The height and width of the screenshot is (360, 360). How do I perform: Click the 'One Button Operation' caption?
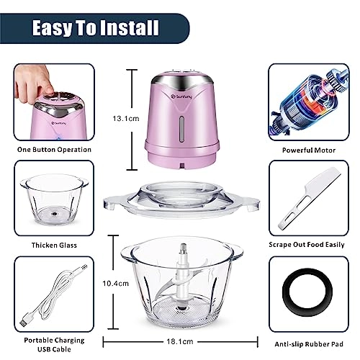pyautogui.click(x=54, y=150)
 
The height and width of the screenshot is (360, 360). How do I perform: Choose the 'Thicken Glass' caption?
pyautogui.click(x=54, y=245)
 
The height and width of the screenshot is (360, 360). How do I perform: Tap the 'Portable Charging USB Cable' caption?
pyautogui.click(x=54, y=344)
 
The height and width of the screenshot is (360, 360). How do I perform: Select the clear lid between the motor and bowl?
pyautogui.click(x=180, y=202)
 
